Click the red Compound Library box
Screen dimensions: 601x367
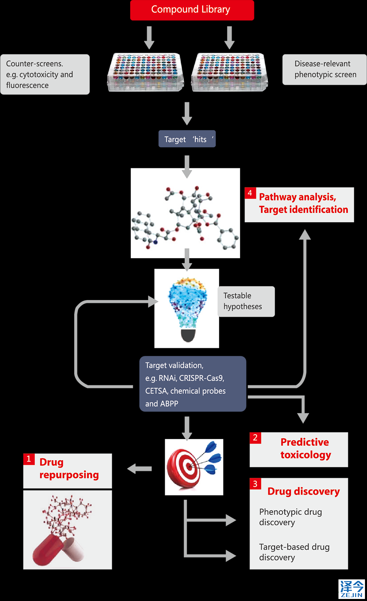pos(192,10)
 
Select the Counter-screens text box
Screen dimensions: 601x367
pos(45,74)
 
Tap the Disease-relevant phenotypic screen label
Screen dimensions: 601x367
pos(325,69)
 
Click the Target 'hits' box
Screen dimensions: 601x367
pos(187,139)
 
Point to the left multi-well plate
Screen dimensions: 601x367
pos(145,72)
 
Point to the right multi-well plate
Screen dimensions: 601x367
pos(230,72)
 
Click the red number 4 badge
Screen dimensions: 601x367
pos(250,193)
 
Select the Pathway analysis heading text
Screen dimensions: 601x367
pos(303,203)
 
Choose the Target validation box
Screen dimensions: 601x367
pos(192,384)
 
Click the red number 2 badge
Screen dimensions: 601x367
pos(255,438)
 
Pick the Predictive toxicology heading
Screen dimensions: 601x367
pos(305,449)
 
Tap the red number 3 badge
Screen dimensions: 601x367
pos(255,484)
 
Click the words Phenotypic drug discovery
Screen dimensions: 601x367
pos(290,517)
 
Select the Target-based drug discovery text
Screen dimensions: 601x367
pos(294,552)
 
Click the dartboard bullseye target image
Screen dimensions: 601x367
pos(194,467)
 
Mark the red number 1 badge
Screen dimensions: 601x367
pos(29,459)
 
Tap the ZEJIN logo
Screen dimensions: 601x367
pos(352,589)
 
